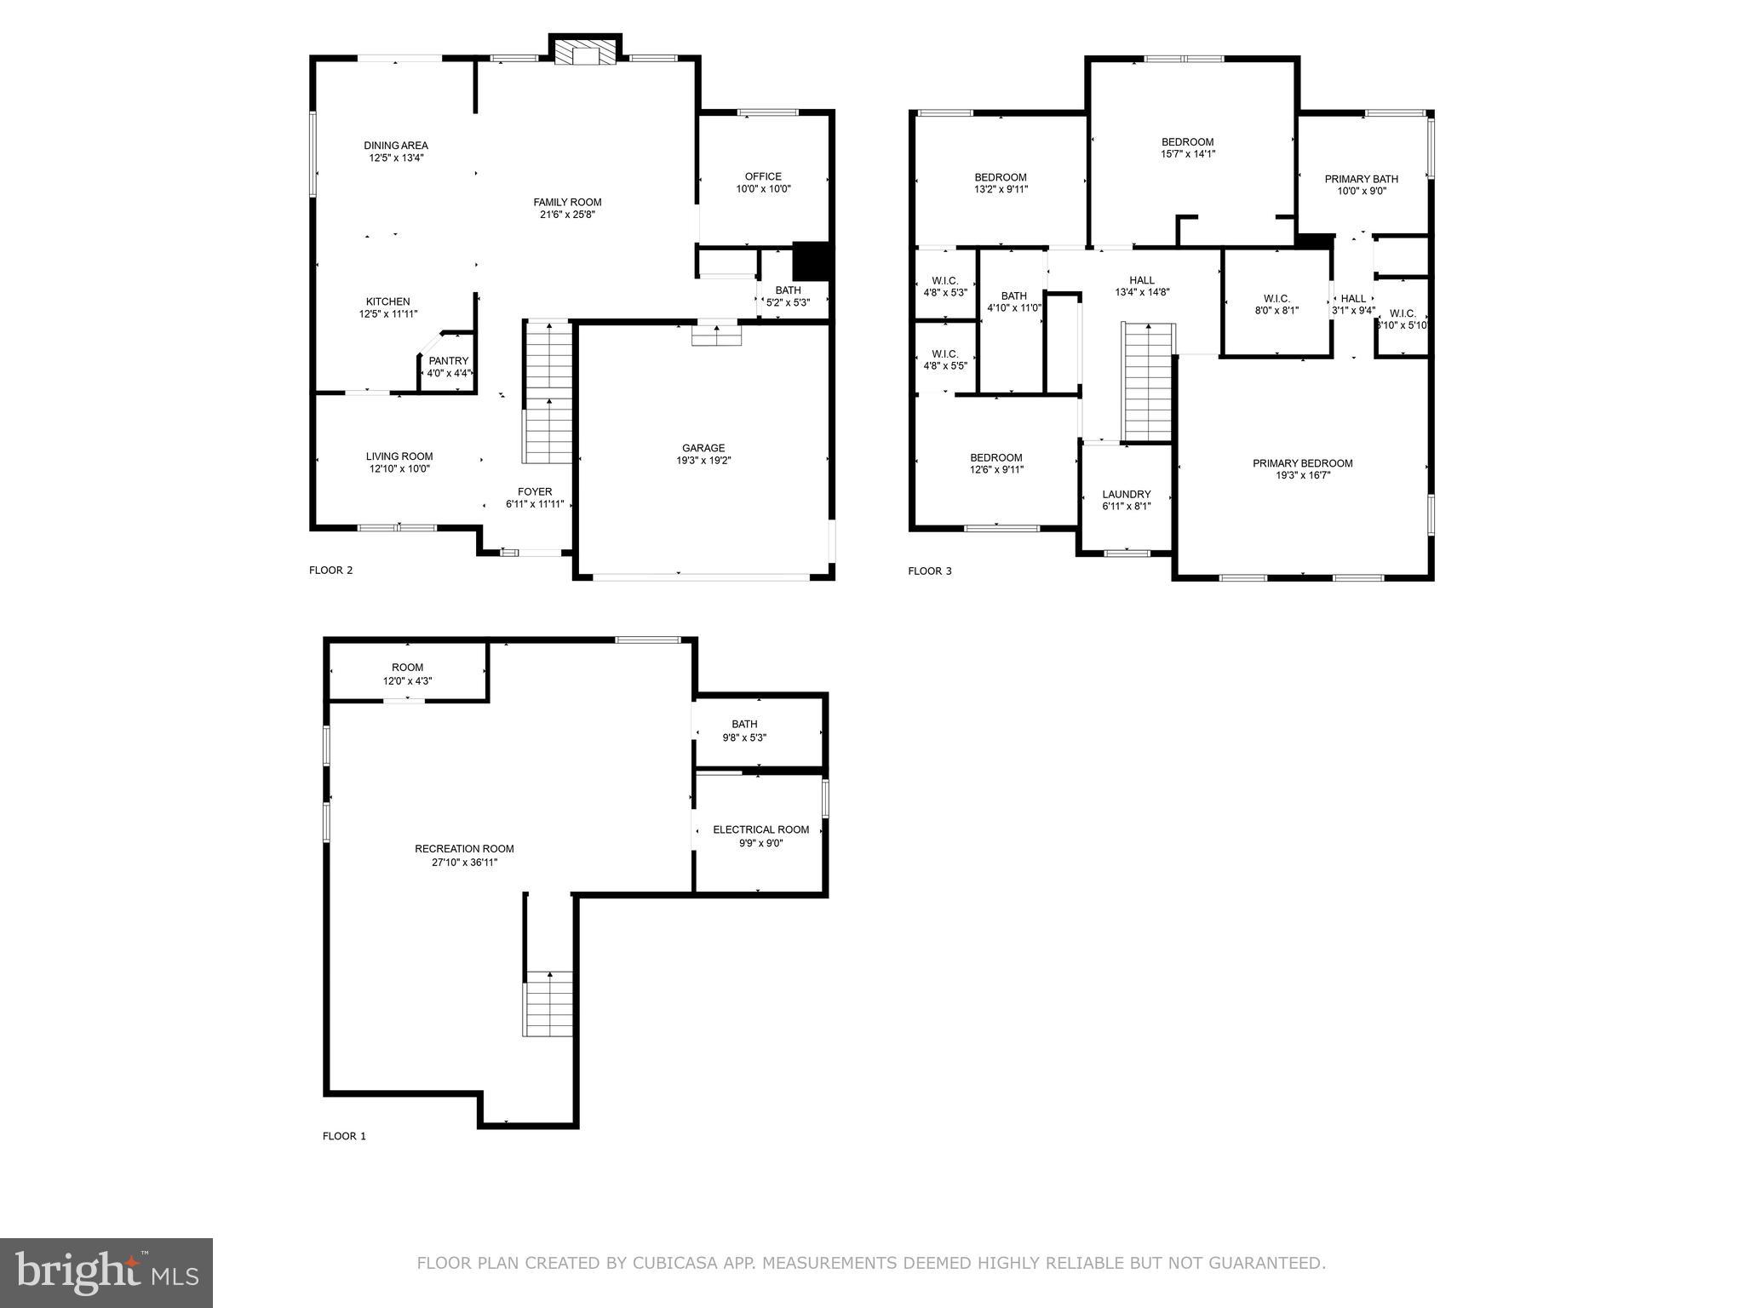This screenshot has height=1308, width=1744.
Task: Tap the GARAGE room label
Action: coord(703,448)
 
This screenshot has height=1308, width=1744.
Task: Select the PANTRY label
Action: coord(449,361)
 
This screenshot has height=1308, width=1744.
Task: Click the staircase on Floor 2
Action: coord(548,393)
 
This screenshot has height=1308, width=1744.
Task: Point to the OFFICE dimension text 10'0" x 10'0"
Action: coord(764,189)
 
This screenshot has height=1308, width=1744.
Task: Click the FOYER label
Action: coord(535,491)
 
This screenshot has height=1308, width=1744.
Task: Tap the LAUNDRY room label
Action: coord(1126,494)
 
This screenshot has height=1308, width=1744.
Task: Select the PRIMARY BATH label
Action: coord(1361,179)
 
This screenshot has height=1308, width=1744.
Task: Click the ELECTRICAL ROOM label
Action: coord(760,829)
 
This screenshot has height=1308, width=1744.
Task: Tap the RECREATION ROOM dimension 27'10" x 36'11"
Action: coord(464,862)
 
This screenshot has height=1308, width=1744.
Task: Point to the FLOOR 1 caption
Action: coord(344,1136)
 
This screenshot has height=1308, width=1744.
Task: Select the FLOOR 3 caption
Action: coord(930,571)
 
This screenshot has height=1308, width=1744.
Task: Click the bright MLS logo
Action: coord(106,1272)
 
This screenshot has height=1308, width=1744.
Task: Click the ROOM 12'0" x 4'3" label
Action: coord(407,668)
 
